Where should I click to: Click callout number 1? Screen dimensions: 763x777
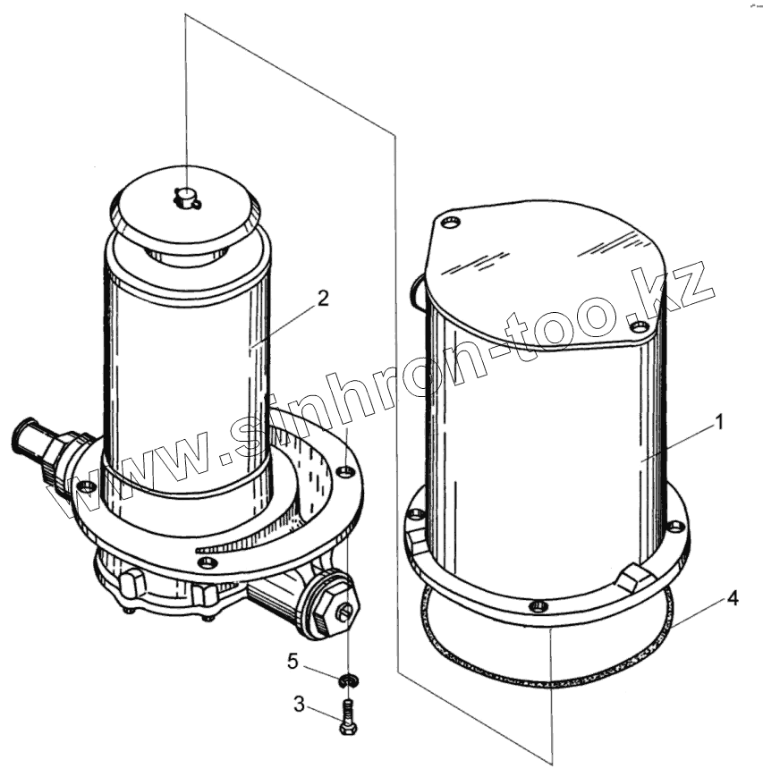718,423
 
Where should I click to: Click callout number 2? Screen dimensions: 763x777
323,299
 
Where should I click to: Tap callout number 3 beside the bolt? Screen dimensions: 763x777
299,705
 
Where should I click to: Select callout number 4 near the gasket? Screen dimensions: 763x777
732,598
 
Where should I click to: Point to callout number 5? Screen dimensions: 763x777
292,661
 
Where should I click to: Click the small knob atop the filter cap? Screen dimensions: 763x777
186,198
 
